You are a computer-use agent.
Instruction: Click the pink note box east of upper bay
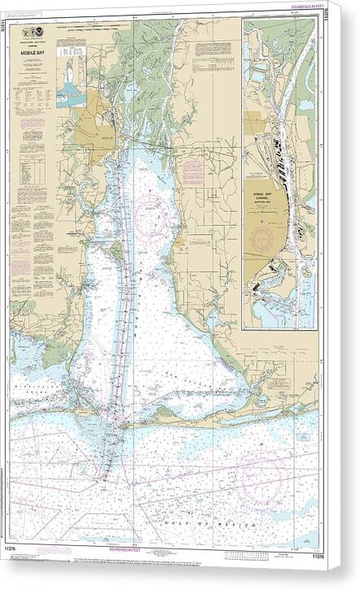[193, 172]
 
